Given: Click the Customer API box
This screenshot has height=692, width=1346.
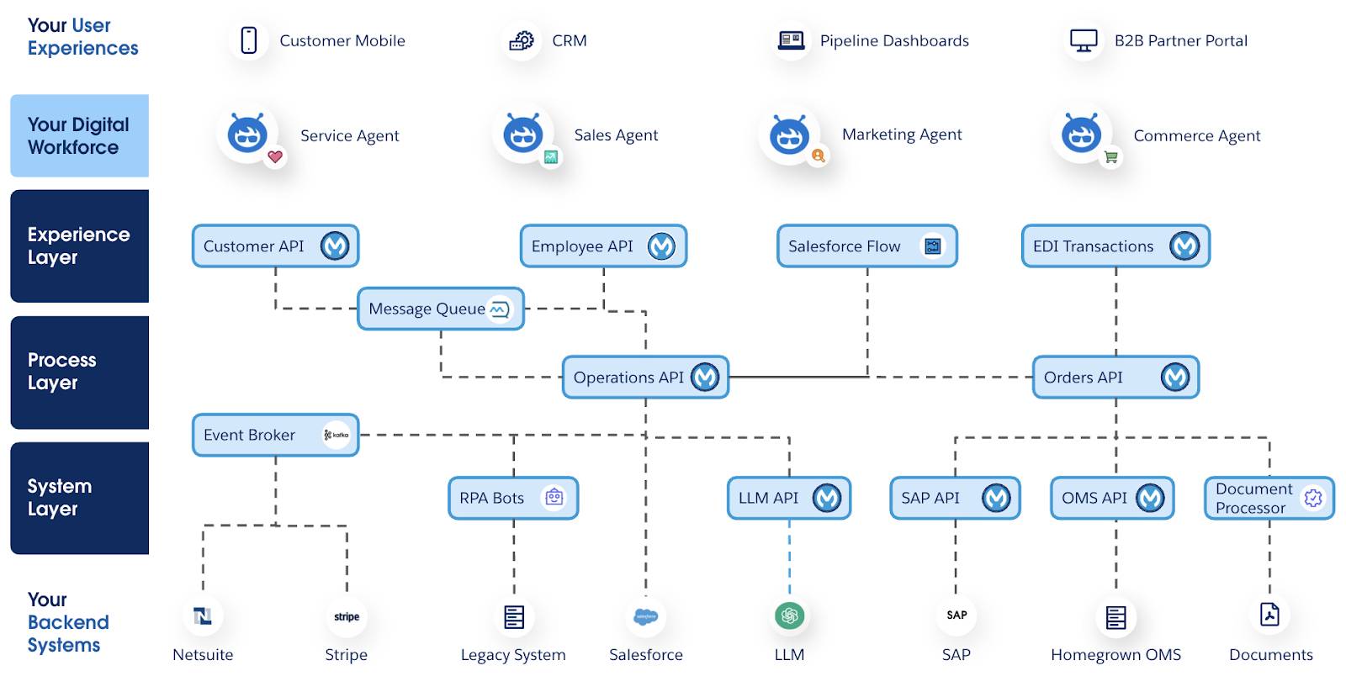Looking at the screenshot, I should (275, 246).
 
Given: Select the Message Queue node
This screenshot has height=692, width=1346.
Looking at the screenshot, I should (440, 309).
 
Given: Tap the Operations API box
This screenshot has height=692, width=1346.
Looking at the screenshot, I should (645, 378).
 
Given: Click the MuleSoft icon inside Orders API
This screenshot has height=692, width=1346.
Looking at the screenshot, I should (1174, 378).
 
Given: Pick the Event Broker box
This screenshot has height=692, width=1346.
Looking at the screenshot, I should (275, 435).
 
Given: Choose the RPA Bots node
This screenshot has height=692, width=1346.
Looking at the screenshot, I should (513, 498).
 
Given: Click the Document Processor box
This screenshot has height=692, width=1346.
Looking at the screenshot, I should (1269, 498).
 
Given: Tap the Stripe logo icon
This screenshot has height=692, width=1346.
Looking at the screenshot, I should (347, 616).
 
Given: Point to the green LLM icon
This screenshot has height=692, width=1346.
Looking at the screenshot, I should (789, 616).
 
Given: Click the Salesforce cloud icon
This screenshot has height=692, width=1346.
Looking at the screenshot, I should (645, 616).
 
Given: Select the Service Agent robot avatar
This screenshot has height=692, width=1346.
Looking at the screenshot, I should (248, 135).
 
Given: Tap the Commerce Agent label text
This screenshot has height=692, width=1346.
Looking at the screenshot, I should (1196, 136).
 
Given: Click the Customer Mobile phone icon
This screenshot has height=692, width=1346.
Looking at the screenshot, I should (249, 40).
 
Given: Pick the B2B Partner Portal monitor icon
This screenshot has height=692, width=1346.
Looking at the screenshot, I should (1084, 40).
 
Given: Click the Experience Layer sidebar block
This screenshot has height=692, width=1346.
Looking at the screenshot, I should (79, 246).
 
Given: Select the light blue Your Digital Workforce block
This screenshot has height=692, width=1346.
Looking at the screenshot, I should (79, 135).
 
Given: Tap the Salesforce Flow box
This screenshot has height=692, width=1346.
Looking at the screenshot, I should (866, 246).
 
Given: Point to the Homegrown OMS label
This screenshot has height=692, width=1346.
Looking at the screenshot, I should (1115, 655).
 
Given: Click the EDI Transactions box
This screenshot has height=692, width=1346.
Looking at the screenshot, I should (1115, 246).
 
